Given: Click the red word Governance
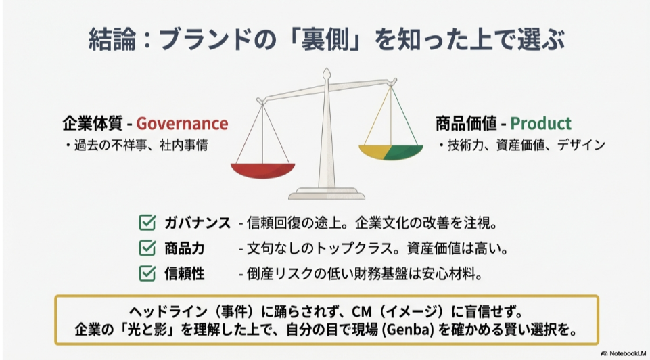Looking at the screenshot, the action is click(182, 124).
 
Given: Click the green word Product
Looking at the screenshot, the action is click(540, 124).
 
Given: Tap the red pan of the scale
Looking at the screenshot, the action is click(262, 171).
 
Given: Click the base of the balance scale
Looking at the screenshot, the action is click(327, 194).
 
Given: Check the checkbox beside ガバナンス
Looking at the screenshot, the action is click(147, 223).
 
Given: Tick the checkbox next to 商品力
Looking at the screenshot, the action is click(147, 248).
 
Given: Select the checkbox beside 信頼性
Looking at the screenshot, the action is click(147, 273).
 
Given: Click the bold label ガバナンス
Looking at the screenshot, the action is click(198, 223).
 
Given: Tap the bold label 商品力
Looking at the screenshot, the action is click(185, 248).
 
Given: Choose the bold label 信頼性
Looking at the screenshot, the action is click(185, 274).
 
